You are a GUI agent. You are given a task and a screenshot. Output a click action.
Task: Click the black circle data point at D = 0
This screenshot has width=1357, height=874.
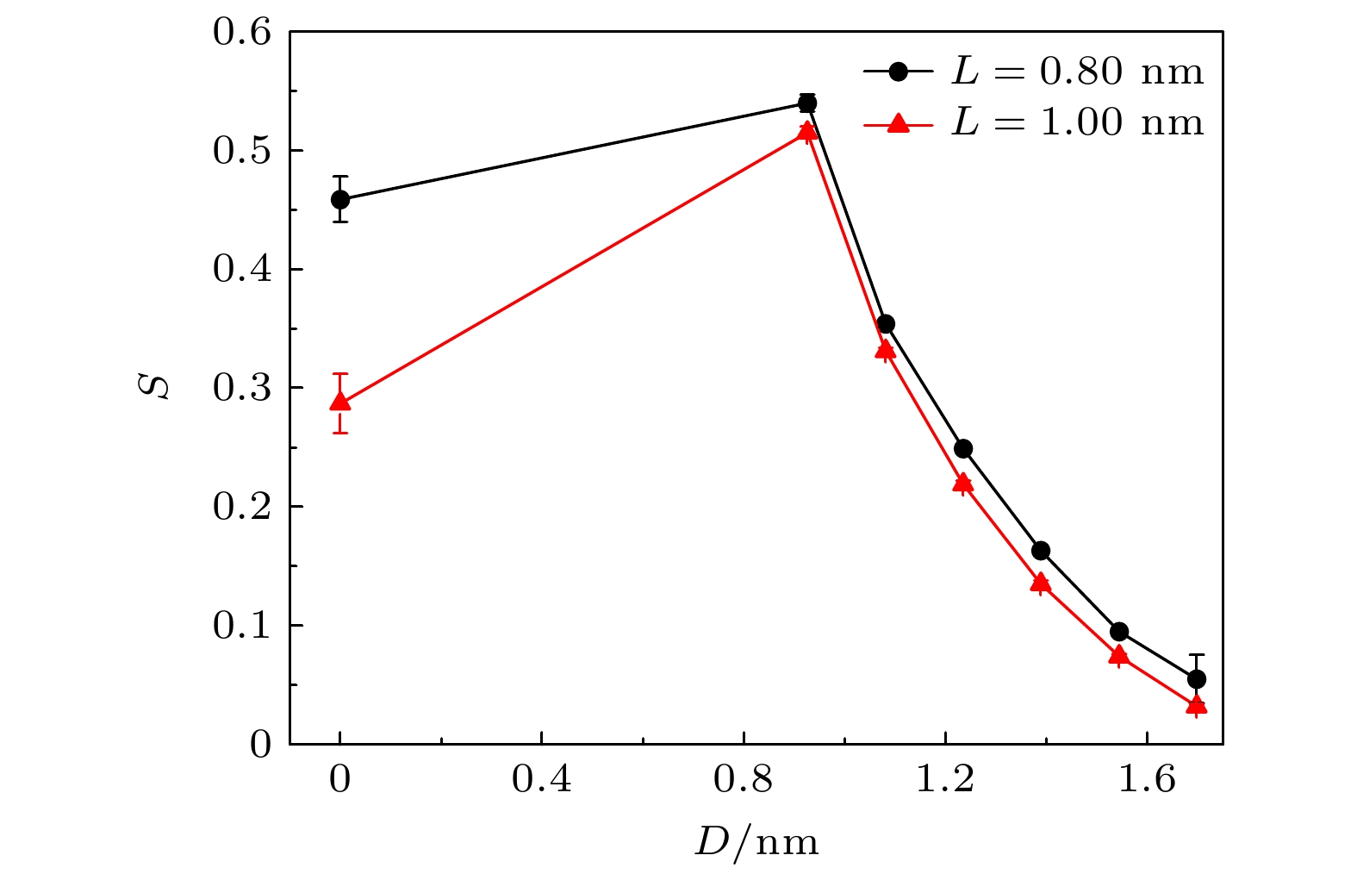[x=340, y=200]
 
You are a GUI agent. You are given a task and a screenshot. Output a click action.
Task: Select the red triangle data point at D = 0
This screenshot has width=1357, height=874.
[x=340, y=402]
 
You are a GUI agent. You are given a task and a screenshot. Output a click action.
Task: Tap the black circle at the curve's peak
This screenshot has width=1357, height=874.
[x=807, y=103]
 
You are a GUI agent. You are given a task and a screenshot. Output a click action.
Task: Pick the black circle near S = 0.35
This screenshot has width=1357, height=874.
[x=886, y=324]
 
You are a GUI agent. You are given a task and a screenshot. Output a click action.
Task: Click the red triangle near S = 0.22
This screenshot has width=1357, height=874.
[x=963, y=483]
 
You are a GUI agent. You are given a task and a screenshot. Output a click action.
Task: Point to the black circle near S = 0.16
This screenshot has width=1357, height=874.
[x=1041, y=551]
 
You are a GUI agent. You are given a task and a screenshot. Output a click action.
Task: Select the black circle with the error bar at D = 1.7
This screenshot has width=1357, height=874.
[x=1197, y=679]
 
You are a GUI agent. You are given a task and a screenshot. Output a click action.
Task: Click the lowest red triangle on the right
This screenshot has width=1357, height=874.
[x=1197, y=706]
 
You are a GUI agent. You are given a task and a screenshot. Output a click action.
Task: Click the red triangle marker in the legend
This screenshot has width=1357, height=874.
[x=899, y=124]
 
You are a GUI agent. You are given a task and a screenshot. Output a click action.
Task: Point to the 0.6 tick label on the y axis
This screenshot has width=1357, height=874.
[x=242, y=33]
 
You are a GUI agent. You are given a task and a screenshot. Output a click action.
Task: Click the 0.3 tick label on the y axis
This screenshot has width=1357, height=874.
[x=242, y=389]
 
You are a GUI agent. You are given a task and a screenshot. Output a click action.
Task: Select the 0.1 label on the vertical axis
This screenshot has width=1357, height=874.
[x=242, y=626]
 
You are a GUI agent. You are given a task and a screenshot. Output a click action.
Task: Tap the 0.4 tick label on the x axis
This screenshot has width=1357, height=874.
[x=541, y=779]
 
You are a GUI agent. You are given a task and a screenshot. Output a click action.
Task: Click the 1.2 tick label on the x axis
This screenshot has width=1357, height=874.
[x=945, y=779]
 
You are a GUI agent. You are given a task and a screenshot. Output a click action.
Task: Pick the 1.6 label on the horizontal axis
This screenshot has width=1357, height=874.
[x=1147, y=779]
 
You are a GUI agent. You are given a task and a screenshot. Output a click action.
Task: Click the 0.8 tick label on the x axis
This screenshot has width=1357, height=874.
[x=743, y=779]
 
